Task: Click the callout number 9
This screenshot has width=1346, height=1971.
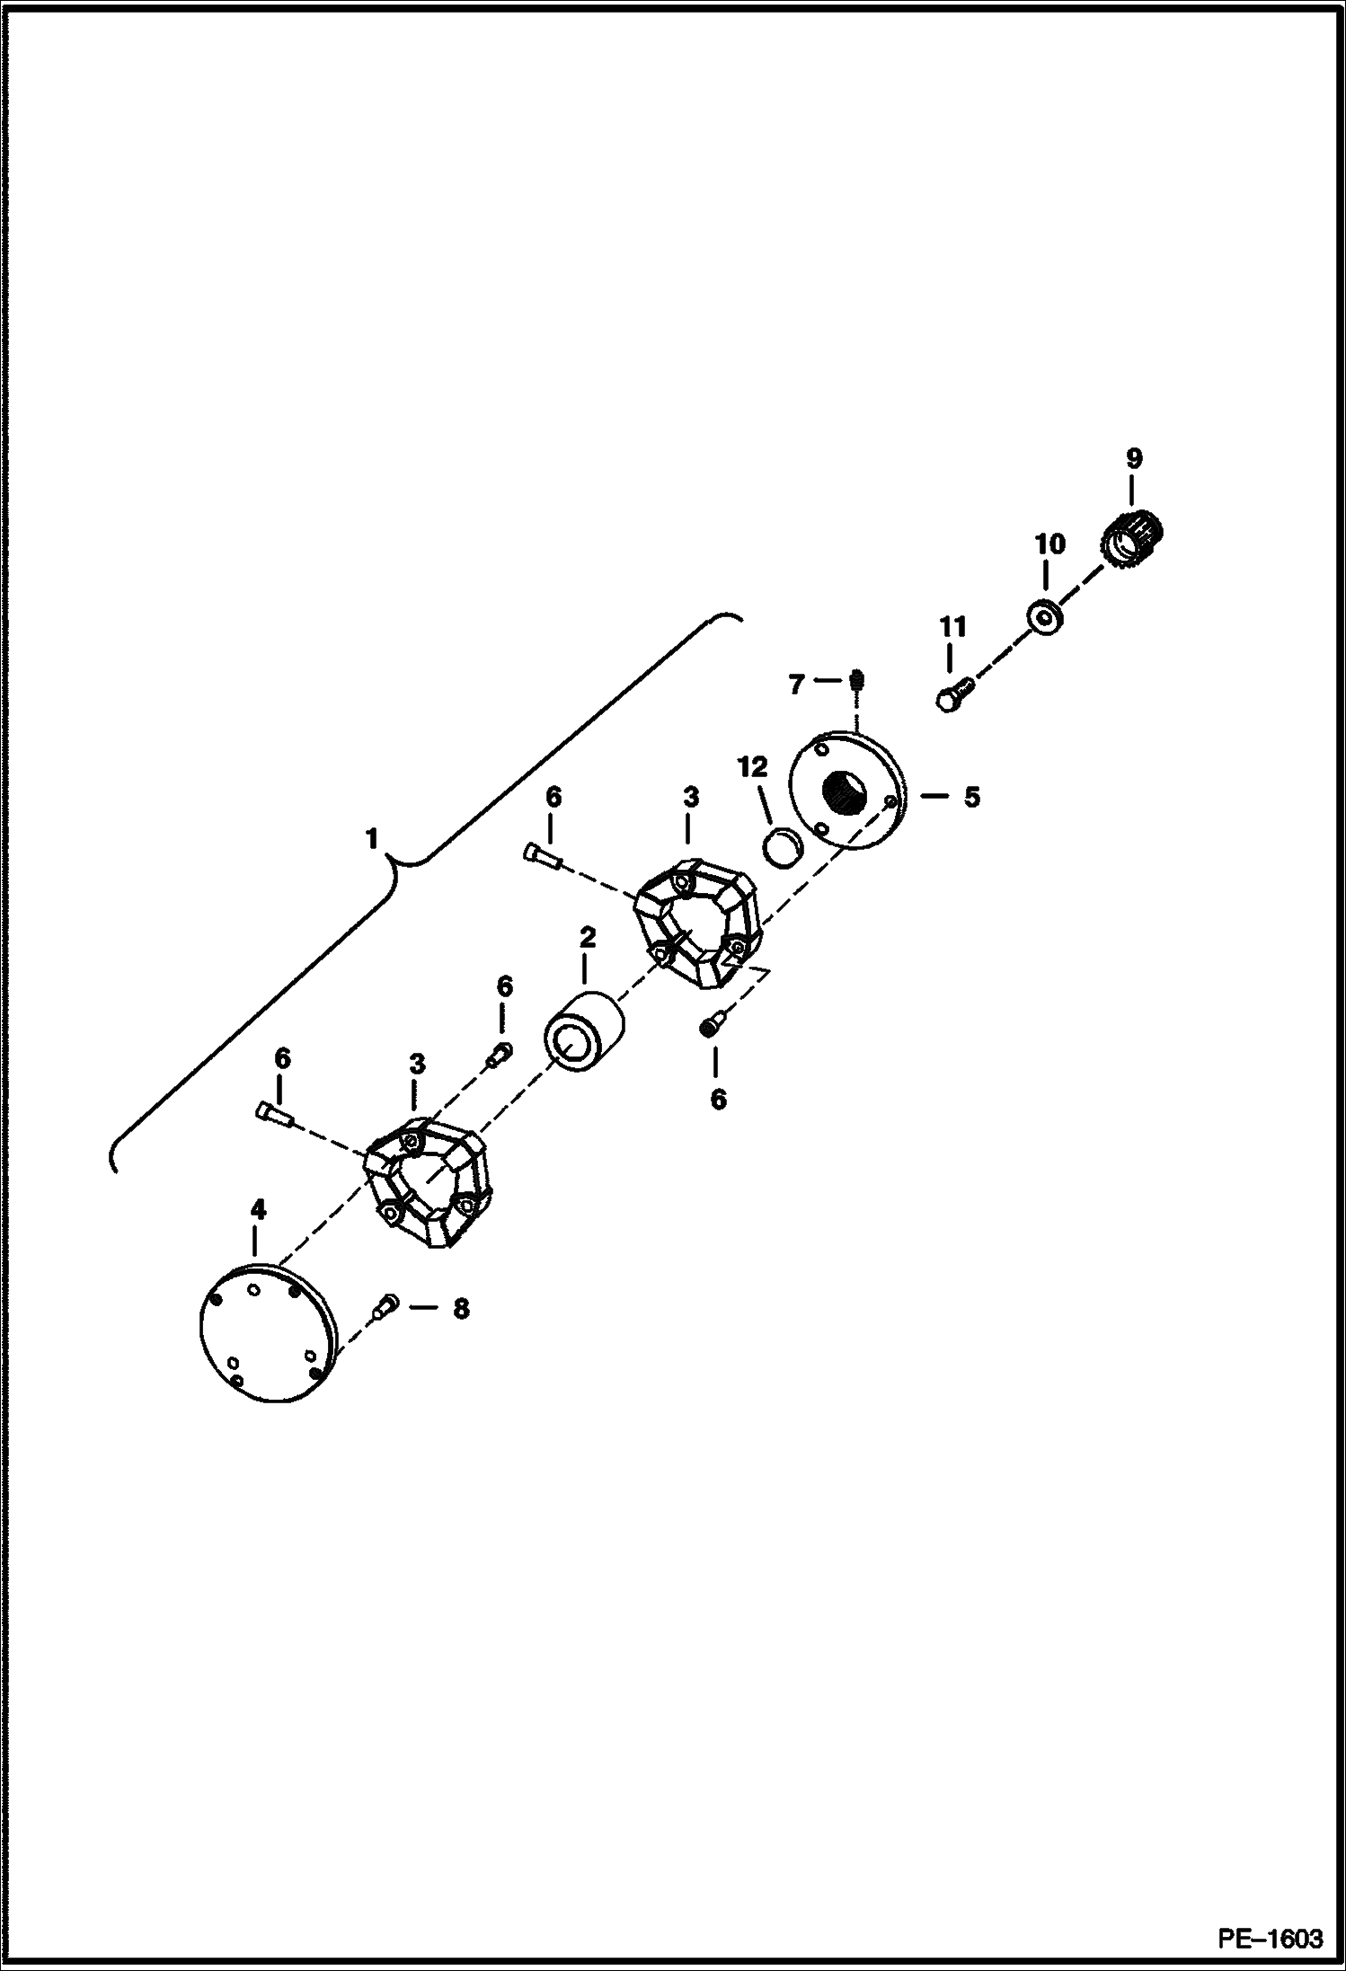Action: (1134, 459)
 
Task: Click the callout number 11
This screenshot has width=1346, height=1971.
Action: (952, 627)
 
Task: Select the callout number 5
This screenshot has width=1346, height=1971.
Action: (972, 797)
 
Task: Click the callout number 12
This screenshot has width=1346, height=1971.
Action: (753, 767)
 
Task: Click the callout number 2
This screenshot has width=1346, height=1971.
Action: (588, 938)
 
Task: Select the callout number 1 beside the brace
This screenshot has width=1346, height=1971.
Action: (371, 839)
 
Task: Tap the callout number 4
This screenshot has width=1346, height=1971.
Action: (258, 1209)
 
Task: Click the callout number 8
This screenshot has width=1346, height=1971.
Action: (460, 1309)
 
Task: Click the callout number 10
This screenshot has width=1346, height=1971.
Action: (1049, 544)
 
